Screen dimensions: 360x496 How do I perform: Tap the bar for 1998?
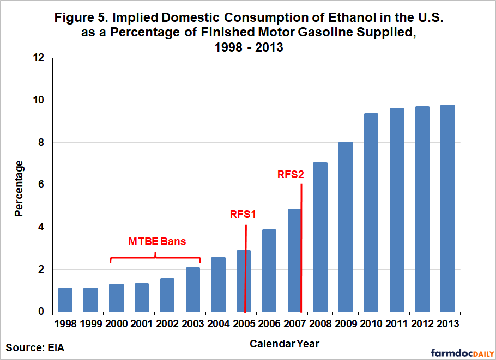(x=65, y=300)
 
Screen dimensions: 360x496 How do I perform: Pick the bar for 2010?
(x=371, y=212)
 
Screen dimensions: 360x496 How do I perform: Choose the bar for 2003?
(x=192, y=289)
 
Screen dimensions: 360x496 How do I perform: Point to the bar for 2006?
(x=269, y=270)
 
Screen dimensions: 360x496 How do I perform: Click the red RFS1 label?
(x=243, y=214)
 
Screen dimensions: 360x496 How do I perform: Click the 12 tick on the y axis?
(x=39, y=58)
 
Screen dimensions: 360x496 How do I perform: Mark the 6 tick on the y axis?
(x=41, y=185)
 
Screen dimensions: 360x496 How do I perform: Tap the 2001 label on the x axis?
(x=142, y=324)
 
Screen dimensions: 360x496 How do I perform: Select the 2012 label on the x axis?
(x=422, y=324)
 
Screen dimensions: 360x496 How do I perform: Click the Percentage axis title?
(x=19, y=188)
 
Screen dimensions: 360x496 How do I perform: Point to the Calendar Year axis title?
(x=285, y=344)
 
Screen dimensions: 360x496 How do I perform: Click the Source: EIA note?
(x=35, y=347)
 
